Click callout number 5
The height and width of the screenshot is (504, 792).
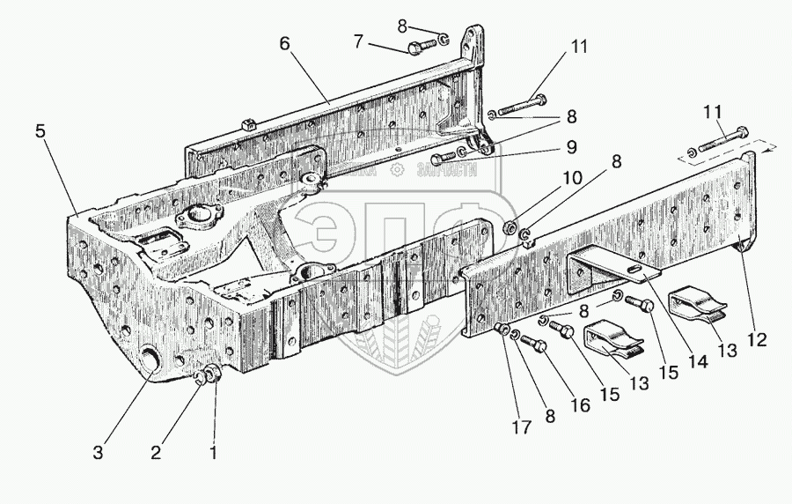pos(40,131)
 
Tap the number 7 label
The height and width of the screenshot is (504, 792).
pos(358,41)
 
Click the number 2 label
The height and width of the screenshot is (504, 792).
pos(156,453)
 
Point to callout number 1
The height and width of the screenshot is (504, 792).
pos(212,453)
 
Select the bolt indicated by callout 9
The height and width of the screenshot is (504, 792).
pos(443,156)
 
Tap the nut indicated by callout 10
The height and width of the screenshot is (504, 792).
pos(510,229)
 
